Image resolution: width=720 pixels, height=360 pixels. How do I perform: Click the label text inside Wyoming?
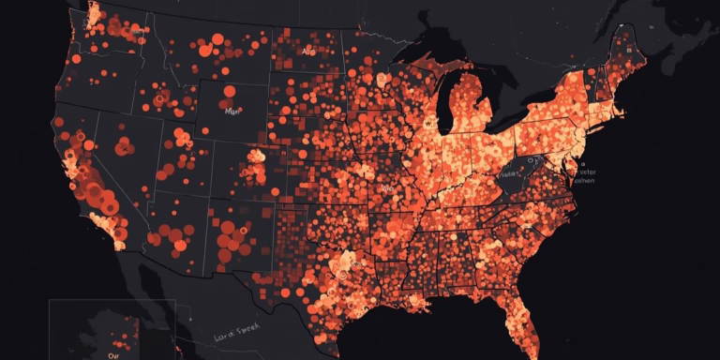pos(232,110)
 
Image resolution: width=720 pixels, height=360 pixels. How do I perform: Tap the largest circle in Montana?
pos(217,39)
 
